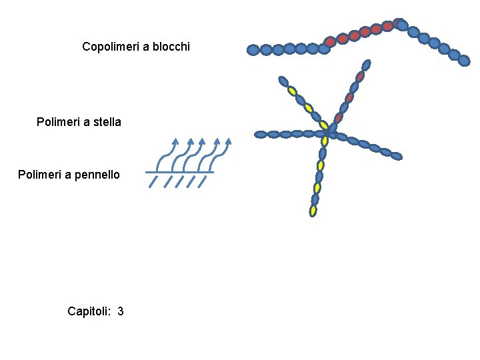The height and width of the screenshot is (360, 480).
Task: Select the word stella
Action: coord(106,122)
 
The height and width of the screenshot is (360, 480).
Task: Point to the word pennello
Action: coord(98,175)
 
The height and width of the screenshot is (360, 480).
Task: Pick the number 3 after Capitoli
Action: coord(120,311)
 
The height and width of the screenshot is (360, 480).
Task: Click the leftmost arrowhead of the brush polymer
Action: coord(175,141)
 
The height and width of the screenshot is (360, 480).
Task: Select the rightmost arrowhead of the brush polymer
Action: coord(229,141)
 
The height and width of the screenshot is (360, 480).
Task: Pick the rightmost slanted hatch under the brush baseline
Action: coord(205,182)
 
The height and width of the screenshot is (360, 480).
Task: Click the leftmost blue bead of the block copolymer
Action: coord(253,50)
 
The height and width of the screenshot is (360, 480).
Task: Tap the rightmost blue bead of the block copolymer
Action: coord(464,61)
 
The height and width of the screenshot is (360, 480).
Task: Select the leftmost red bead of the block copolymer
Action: coord(330,41)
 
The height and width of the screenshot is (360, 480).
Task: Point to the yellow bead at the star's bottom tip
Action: coord(313,211)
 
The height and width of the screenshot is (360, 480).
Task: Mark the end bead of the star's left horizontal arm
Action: coord(260,135)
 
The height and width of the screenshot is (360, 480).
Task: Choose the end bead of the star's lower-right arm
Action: coord(396,156)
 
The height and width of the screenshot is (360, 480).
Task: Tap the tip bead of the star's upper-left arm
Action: coord(283,82)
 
